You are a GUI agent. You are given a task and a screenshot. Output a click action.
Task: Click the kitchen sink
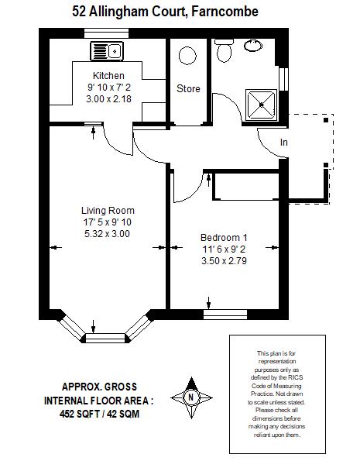point(107,51)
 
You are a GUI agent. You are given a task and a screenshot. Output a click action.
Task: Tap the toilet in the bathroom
point(224,50)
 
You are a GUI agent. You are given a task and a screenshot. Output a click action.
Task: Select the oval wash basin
point(253,46)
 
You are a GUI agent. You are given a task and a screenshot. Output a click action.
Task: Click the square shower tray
point(261,105)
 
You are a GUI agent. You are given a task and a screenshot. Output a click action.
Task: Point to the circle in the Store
point(187,56)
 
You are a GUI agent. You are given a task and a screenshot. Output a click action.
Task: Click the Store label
point(188,88)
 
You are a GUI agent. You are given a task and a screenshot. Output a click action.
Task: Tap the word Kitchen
point(108,76)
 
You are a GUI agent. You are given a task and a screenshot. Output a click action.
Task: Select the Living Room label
point(108,211)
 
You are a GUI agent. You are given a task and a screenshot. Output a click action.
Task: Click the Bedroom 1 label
point(224,238)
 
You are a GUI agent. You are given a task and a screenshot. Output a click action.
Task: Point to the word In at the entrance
point(283,143)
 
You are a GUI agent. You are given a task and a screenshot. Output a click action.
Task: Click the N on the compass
point(191,397)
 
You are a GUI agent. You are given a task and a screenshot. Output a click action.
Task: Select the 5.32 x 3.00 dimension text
point(108,234)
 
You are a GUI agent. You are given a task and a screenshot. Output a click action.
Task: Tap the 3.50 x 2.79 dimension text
point(224,261)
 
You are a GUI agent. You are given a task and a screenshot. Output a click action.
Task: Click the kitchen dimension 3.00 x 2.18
point(108,99)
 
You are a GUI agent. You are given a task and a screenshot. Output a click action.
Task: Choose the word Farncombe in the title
point(225,12)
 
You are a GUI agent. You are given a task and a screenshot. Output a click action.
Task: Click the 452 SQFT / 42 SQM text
point(99,414)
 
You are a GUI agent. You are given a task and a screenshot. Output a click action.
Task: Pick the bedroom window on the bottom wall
point(225,315)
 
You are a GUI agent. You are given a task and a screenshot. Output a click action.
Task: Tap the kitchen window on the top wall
point(106,33)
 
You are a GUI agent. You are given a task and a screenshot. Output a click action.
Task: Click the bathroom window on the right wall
point(283,79)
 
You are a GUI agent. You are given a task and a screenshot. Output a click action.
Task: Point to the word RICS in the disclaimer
point(297,377)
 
